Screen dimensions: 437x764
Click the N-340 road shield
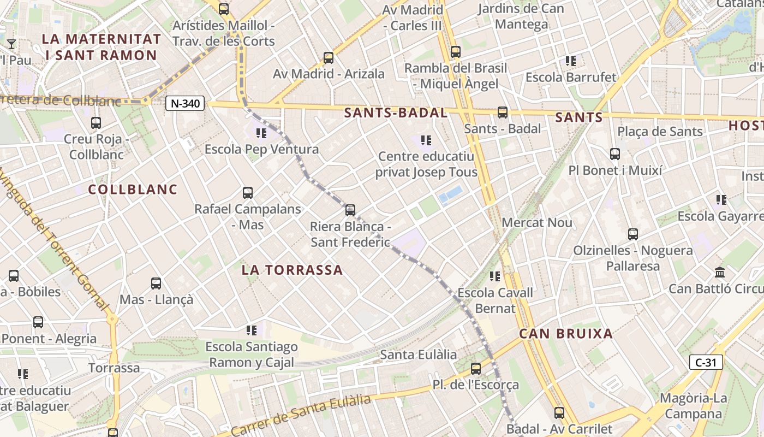click(185, 103)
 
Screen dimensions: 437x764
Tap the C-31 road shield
click(706, 362)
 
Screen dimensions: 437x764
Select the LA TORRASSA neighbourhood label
click(293, 270)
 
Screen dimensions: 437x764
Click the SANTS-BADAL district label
click(396, 113)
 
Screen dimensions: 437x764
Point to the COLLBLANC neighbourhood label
click(133, 190)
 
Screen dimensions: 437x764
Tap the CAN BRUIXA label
click(566, 334)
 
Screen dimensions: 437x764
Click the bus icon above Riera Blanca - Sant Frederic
click(350, 210)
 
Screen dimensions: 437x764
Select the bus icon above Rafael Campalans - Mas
click(248, 193)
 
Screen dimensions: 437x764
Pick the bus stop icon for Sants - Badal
click(503, 113)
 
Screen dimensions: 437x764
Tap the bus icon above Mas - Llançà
click(156, 284)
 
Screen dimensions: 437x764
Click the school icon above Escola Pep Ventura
click(261, 133)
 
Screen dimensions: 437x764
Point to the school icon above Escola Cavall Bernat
click(495, 276)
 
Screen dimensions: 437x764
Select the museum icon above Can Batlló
click(720, 272)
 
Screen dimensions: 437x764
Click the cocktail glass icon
click(11, 44)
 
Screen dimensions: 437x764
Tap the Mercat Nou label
click(537, 223)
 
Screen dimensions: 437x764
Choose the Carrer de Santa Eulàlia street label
click(301, 416)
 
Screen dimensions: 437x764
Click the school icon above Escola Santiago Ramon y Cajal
click(252, 330)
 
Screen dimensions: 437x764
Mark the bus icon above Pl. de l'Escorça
click(476, 369)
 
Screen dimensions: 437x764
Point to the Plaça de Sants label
click(660, 132)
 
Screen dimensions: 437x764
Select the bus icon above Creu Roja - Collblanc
click(96, 123)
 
